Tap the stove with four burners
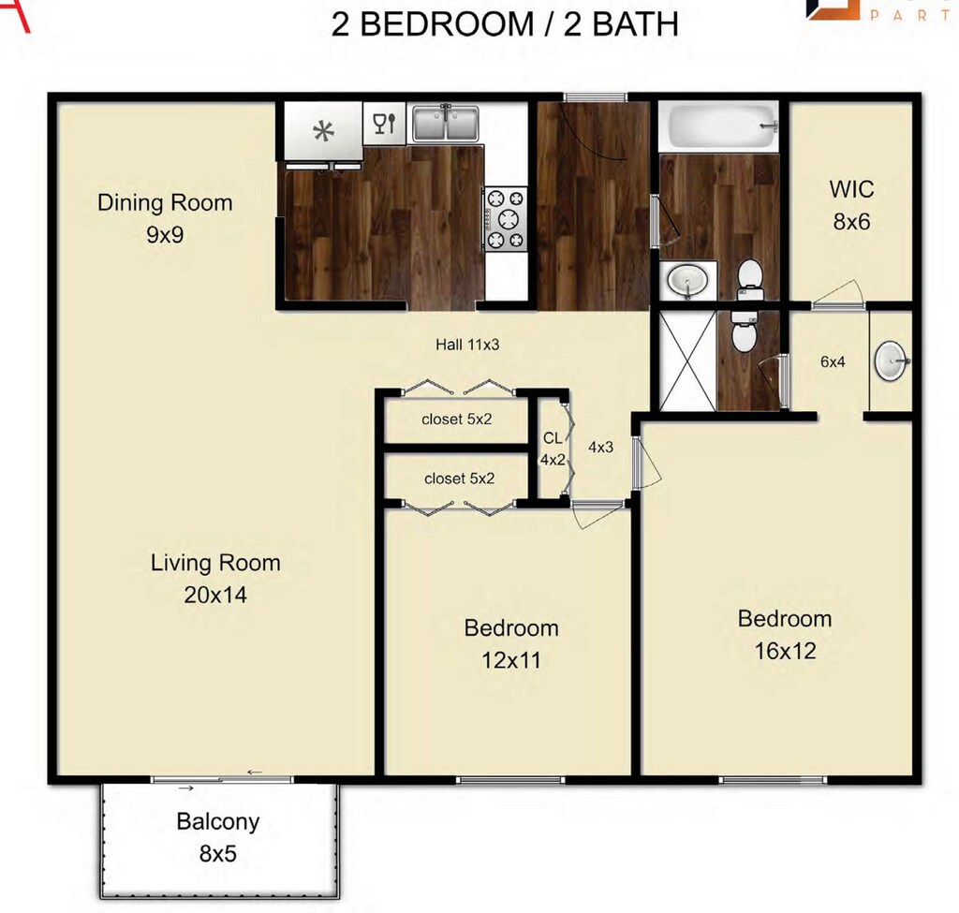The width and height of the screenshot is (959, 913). click(506, 219)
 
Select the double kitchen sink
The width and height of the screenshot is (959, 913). click(446, 124)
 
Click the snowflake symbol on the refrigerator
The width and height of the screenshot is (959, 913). click(323, 131)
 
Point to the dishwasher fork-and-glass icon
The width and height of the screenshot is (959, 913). click(384, 124)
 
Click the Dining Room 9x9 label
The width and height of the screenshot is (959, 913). click(165, 218)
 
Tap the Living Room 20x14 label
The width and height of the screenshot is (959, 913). click(215, 578)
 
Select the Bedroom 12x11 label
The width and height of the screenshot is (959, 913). click(511, 643)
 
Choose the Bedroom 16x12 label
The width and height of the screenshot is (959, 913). click(785, 634)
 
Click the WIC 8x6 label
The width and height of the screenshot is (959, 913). click(851, 205)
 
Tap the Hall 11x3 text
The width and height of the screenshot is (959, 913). click(467, 345)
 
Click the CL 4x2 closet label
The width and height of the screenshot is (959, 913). click(553, 449)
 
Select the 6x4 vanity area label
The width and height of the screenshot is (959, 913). click(833, 361)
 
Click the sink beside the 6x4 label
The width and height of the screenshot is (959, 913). click(891, 361)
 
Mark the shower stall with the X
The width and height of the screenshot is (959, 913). click(686, 361)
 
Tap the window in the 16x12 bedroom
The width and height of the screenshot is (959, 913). click(773, 779)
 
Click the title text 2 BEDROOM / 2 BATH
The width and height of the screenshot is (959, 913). click(505, 23)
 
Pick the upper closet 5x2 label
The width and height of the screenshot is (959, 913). click(457, 420)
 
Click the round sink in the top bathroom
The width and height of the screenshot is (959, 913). click(690, 279)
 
